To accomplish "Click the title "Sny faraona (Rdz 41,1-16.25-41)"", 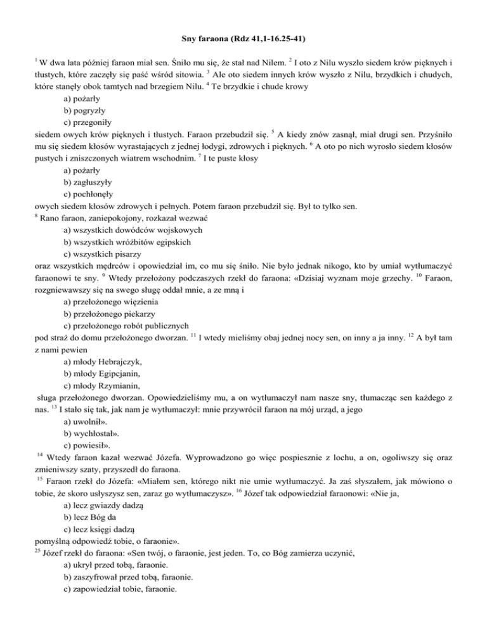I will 243,25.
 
